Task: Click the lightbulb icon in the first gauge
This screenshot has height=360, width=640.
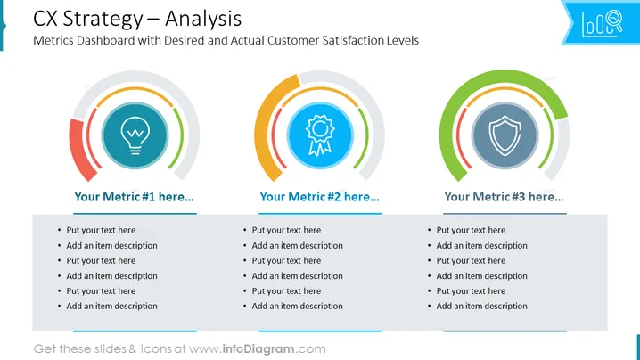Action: [x=135, y=135]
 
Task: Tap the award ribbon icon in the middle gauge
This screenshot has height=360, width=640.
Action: [x=320, y=135]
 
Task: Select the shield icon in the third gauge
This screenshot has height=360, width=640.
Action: [x=505, y=135]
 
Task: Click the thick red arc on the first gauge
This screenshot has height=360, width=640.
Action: [x=79, y=149]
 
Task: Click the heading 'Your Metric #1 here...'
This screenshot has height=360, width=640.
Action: [x=134, y=197]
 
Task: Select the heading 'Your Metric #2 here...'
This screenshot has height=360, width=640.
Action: [x=320, y=197]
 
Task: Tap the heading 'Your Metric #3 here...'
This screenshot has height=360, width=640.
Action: [x=505, y=197]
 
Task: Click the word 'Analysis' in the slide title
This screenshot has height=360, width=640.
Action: [x=203, y=19]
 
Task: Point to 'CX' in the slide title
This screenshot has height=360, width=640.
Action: [x=45, y=19]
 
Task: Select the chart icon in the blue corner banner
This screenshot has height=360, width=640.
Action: [x=602, y=24]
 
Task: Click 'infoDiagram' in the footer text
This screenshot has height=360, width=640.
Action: [x=258, y=349]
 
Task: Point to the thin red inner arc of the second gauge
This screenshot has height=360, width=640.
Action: [x=275, y=139]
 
